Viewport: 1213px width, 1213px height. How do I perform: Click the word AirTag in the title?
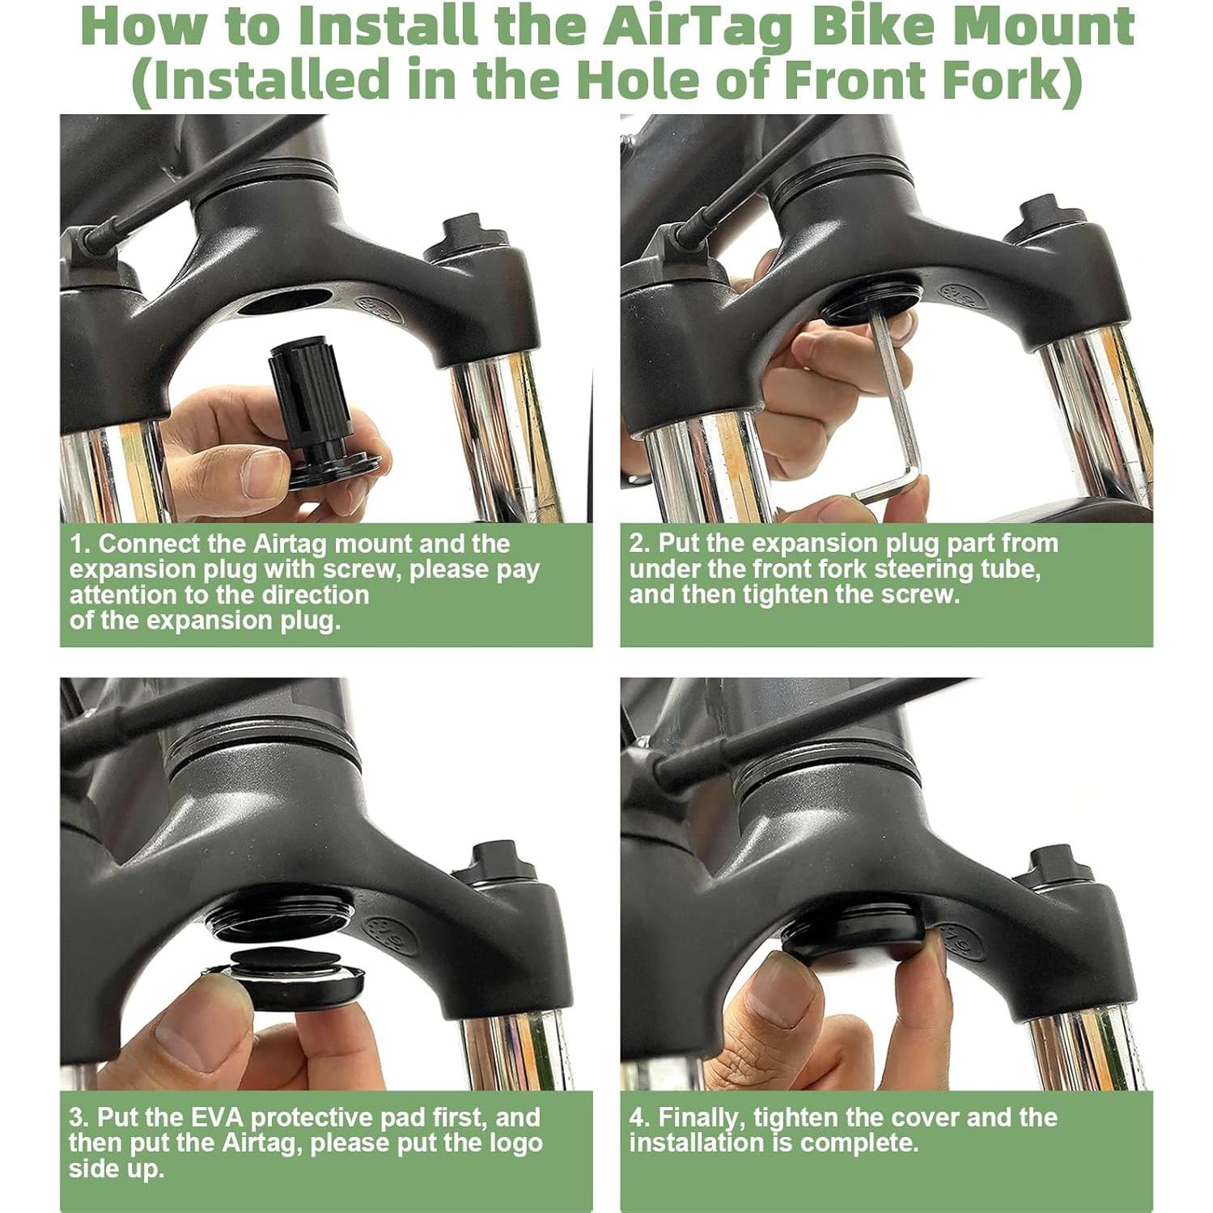[x=701, y=26]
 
